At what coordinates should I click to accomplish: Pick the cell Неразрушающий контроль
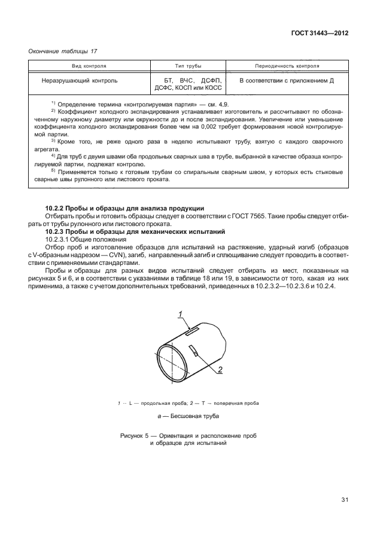click(80, 80)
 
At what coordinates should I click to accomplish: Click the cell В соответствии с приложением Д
click(286, 80)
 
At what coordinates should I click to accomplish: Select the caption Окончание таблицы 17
click(62, 51)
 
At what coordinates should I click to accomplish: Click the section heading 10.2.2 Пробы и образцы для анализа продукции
click(125, 208)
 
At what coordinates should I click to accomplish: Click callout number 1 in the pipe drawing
click(179, 315)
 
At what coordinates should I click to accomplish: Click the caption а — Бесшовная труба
click(188, 416)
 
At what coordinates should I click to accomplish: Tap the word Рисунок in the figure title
click(134, 436)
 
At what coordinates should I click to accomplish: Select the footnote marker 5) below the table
click(53, 171)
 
